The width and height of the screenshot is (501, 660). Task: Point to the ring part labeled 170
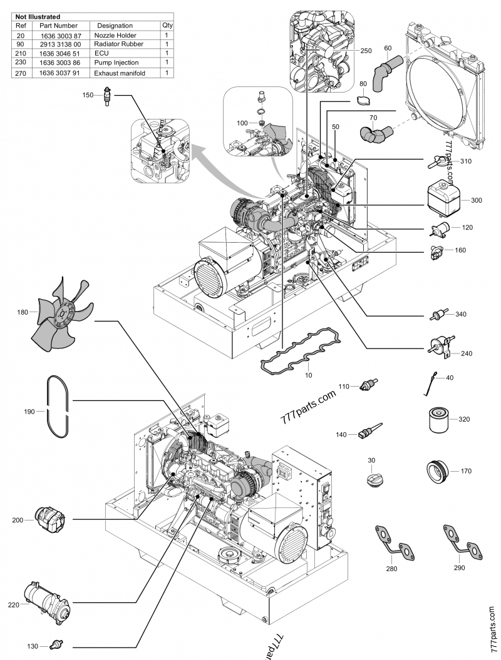click(x=440, y=471)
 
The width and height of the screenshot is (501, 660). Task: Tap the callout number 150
click(x=88, y=95)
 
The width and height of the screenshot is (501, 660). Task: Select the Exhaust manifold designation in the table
click(x=120, y=73)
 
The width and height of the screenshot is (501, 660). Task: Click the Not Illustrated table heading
click(x=39, y=16)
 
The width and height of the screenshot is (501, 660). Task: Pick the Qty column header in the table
click(x=167, y=26)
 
